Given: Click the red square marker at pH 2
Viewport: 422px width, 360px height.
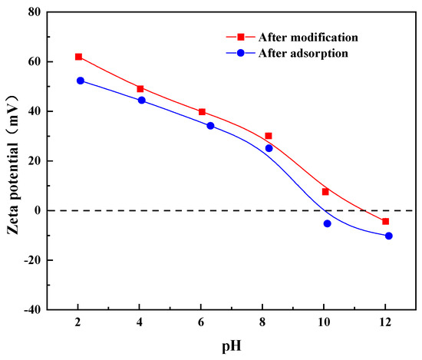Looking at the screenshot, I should click(x=78, y=57).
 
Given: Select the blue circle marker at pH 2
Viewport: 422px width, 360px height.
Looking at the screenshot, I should click(x=81, y=81).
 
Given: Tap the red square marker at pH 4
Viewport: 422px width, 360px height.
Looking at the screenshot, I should click(x=140, y=89).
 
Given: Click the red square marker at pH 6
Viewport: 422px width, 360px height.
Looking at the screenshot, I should click(x=202, y=112).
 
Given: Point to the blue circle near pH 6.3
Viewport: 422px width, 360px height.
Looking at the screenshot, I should click(x=210, y=126).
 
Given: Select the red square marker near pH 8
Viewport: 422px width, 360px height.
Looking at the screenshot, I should click(x=269, y=136).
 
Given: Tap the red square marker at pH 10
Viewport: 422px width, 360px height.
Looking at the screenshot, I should click(x=325, y=192).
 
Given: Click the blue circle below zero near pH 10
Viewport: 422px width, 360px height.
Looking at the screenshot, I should click(x=328, y=223).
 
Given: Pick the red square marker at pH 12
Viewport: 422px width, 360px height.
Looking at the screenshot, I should click(x=385, y=221).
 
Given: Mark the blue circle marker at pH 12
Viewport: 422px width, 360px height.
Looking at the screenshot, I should click(x=389, y=236).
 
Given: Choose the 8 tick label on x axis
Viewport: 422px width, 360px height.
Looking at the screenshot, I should click(x=262, y=323).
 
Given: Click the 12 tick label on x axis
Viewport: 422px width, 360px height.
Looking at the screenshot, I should click(x=385, y=323).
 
